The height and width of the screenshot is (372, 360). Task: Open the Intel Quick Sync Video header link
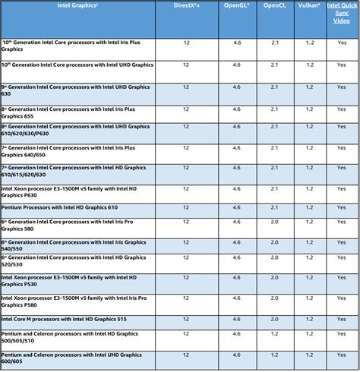point(342,12)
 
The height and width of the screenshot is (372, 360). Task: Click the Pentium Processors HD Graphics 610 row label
point(60,206)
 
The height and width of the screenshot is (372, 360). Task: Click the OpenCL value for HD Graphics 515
point(275,319)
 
